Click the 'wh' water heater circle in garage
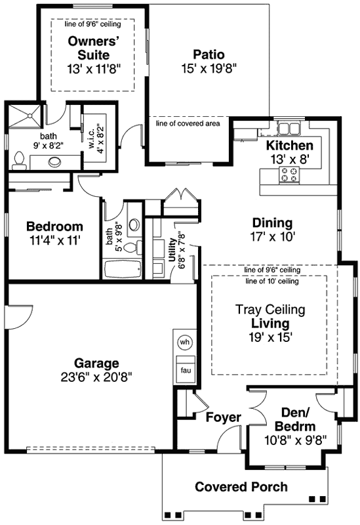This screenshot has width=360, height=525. click(184, 342)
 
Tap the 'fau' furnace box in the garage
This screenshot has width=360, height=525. click(184, 371)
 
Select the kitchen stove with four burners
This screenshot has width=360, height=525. click(289, 174)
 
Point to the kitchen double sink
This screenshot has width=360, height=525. click(287, 128)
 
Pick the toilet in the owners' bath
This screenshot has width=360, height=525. click(20, 158)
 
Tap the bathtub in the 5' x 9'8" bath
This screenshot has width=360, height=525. click(123, 270)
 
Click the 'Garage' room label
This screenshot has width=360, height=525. click(96, 363)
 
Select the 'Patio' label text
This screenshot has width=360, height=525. click(209, 54)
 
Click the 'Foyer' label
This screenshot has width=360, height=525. click(224, 417)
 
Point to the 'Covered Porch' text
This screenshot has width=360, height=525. click(241, 487)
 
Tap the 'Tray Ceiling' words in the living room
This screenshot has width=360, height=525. click(271, 310)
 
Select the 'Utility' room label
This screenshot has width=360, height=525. click(171, 250)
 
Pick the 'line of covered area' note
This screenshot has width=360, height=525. click(188, 123)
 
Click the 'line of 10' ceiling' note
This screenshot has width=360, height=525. click(271, 281)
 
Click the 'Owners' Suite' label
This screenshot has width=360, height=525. click(92, 47)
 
